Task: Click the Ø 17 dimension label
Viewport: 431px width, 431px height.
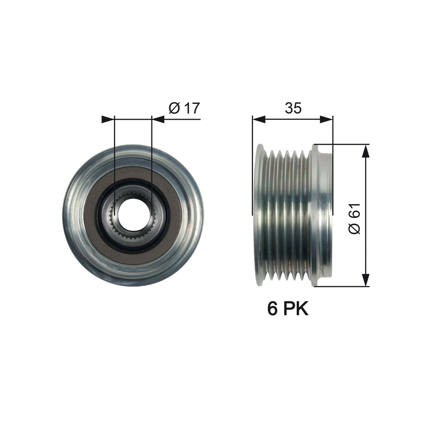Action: [x=184, y=108]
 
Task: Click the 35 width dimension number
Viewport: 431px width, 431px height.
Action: [x=293, y=108]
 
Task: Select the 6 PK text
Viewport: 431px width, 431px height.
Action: [x=288, y=309]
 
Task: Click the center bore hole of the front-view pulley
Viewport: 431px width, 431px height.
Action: [x=133, y=215]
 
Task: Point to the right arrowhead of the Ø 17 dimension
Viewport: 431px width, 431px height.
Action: [x=158, y=119]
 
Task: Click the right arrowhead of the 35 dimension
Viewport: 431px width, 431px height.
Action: [x=327, y=119]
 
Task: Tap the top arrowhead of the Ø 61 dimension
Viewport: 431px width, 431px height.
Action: [x=366, y=151]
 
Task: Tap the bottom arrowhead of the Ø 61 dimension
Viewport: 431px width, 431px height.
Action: [x=366, y=280]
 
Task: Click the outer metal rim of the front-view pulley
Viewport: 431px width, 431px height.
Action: [x=73, y=215]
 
